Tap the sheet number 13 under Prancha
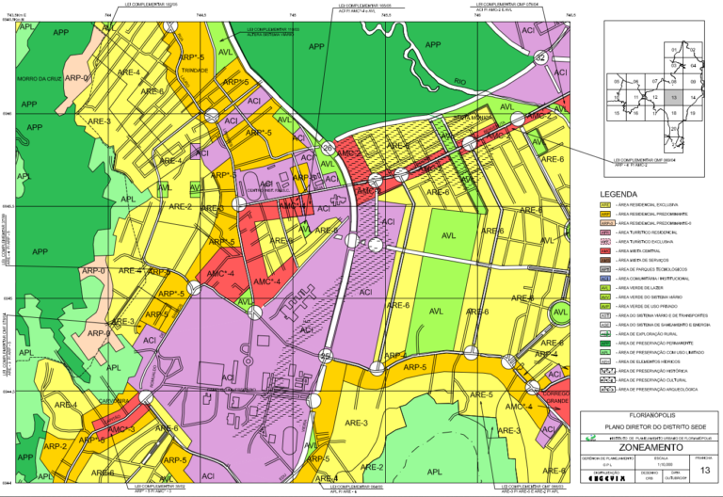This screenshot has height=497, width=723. (703, 469)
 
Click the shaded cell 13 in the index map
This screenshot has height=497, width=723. (672, 96)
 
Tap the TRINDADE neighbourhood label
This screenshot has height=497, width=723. (195, 71)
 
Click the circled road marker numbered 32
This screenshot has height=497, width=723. (540, 58)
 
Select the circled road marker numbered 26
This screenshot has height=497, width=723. (328, 148)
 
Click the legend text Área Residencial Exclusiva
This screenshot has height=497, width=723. (649, 204)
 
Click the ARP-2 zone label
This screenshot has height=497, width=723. (56, 445)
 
